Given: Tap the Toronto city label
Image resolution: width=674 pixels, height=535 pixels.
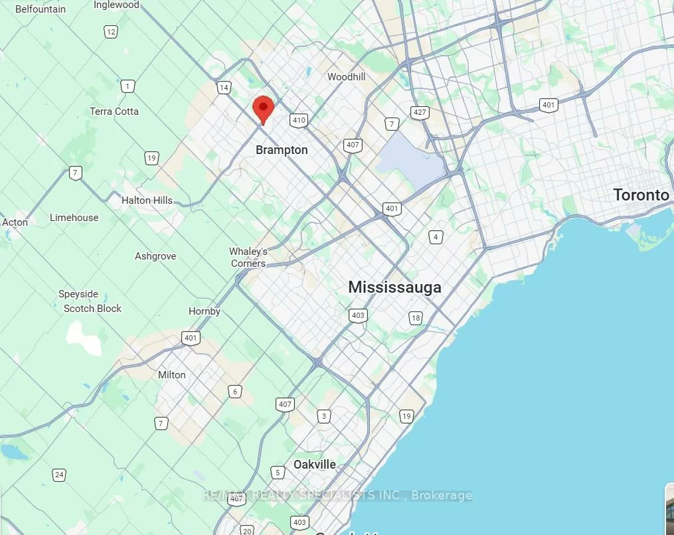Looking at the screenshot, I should pyautogui.click(x=640, y=194).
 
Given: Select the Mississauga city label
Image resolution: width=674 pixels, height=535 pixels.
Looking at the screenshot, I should pyautogui.click(x=394, y=287).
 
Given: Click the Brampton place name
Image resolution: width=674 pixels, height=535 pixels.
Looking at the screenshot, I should pyautogui.click(x=282, y=150).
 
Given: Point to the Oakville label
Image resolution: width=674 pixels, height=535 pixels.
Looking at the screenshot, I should pyautogui.click(x=315, y=465).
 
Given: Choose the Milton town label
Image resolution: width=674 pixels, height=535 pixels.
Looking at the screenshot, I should pyautogui.click(x=171, y=374).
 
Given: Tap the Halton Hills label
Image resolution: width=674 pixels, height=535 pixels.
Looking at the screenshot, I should pyautogui.click(x=147, y=200).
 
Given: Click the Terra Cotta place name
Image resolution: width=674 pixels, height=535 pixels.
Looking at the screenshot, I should pyautogui.click(x=114, y=112).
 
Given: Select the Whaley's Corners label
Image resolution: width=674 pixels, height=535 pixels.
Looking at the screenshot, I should pyautogui.click(x=248, y=258).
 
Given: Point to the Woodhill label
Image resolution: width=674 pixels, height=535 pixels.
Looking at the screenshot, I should pyautogui.click(x=346, y=77).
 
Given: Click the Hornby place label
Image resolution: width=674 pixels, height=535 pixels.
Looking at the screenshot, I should pyautogui.click(x=204, y=311).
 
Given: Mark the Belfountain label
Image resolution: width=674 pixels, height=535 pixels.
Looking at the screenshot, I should pyautogui.click(x=41, y=9).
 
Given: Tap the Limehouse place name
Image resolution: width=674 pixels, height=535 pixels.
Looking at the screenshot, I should pyautogui.click(x=74, y=218).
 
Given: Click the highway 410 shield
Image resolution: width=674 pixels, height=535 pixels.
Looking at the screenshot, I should pyautogui.click(x=298, y=120).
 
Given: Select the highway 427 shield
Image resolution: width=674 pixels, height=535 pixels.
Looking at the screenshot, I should pyautogui.click(x=420, y=112).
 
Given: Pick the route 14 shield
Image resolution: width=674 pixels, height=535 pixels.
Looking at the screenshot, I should pyautogui.click(x=224, y=88).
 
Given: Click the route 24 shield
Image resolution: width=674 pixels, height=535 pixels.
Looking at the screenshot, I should pyautogui.click(x=60, y=475).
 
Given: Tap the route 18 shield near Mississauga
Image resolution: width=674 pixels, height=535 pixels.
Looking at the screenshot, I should pyautogui.click(x=416, y=318).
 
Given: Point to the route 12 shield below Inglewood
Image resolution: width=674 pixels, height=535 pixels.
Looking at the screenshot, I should pyautogui.click(x=110, y=32).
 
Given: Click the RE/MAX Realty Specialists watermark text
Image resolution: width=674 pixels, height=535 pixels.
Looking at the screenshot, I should pyautogui.click(x=337, y=495).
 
